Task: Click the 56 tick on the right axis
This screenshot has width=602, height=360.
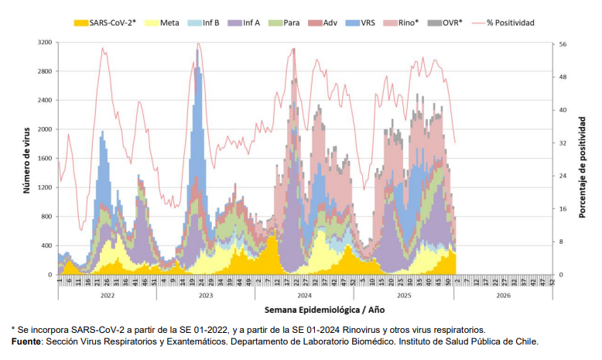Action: (563, 45)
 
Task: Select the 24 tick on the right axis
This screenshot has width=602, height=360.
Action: (563, 176)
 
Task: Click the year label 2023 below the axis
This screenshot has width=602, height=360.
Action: (206, 296)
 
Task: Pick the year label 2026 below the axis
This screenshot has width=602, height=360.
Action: (504, 296)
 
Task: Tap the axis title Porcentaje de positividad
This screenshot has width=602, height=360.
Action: (582, 166)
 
